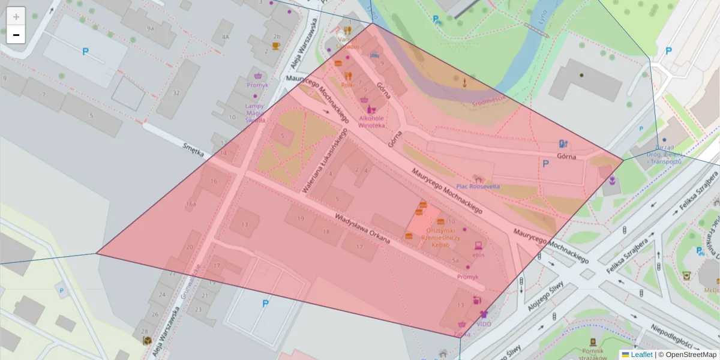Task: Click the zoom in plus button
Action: point(16,17)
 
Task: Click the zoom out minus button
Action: point(16,35)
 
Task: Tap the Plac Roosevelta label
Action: point(478,186)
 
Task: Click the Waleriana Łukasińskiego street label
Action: point(325,160)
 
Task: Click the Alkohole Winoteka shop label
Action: point(371,122)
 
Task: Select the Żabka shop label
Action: point(461,334)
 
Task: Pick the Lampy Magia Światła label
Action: point(254,113)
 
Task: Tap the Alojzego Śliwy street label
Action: point(549,293)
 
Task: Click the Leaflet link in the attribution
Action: point(641,355)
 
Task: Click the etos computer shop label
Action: point(478,254)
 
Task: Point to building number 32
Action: point(176,93)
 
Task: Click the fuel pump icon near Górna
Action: point(563,143)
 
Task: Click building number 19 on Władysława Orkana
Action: point(300,220)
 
